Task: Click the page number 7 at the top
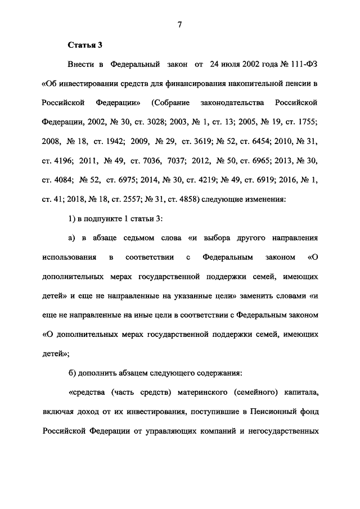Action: (x=179, y=23)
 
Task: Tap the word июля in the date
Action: (x=235, y=65)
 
